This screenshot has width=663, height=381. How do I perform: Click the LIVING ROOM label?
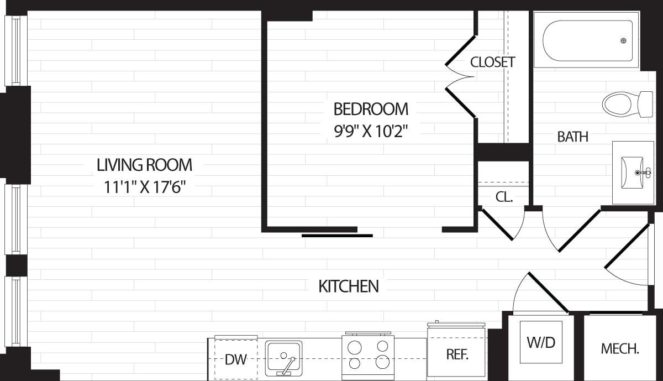pyautogui.click(x=144, y=165)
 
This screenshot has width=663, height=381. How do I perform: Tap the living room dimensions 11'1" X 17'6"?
pyautogui.click(x=144, y=187)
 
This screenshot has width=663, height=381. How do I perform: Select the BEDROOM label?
pyautogui.click(x=371, y=108)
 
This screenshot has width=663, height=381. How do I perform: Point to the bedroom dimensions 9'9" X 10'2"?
pyautogui.click(x=371, y=131)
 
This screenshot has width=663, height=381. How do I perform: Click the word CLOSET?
pyautogui.click(x=492, y=62)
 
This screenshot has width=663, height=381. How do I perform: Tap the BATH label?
pyautogui.click(x=572, y=137)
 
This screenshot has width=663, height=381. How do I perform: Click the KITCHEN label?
pyautogui.click(x=349, y=286)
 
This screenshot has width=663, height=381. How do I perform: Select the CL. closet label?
pyautogui.click(x=504, y=196)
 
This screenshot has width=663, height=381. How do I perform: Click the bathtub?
pyautogui.click(x=587, y=40)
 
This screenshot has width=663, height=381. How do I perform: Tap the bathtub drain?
pyautogui.click(x=624, y=40)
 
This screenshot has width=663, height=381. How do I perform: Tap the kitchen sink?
pyautogui.click(x=283, y=358)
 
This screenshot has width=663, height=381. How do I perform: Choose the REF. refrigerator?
pyautogui.click(x=457, y=354)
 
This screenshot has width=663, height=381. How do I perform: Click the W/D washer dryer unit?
pyautogui.click(x=541, y=342)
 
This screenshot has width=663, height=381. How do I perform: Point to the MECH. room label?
pyautogui.click(x=620, y=349)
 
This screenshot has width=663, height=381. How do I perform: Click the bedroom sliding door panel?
pyautogui.click(x=337, y=236)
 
